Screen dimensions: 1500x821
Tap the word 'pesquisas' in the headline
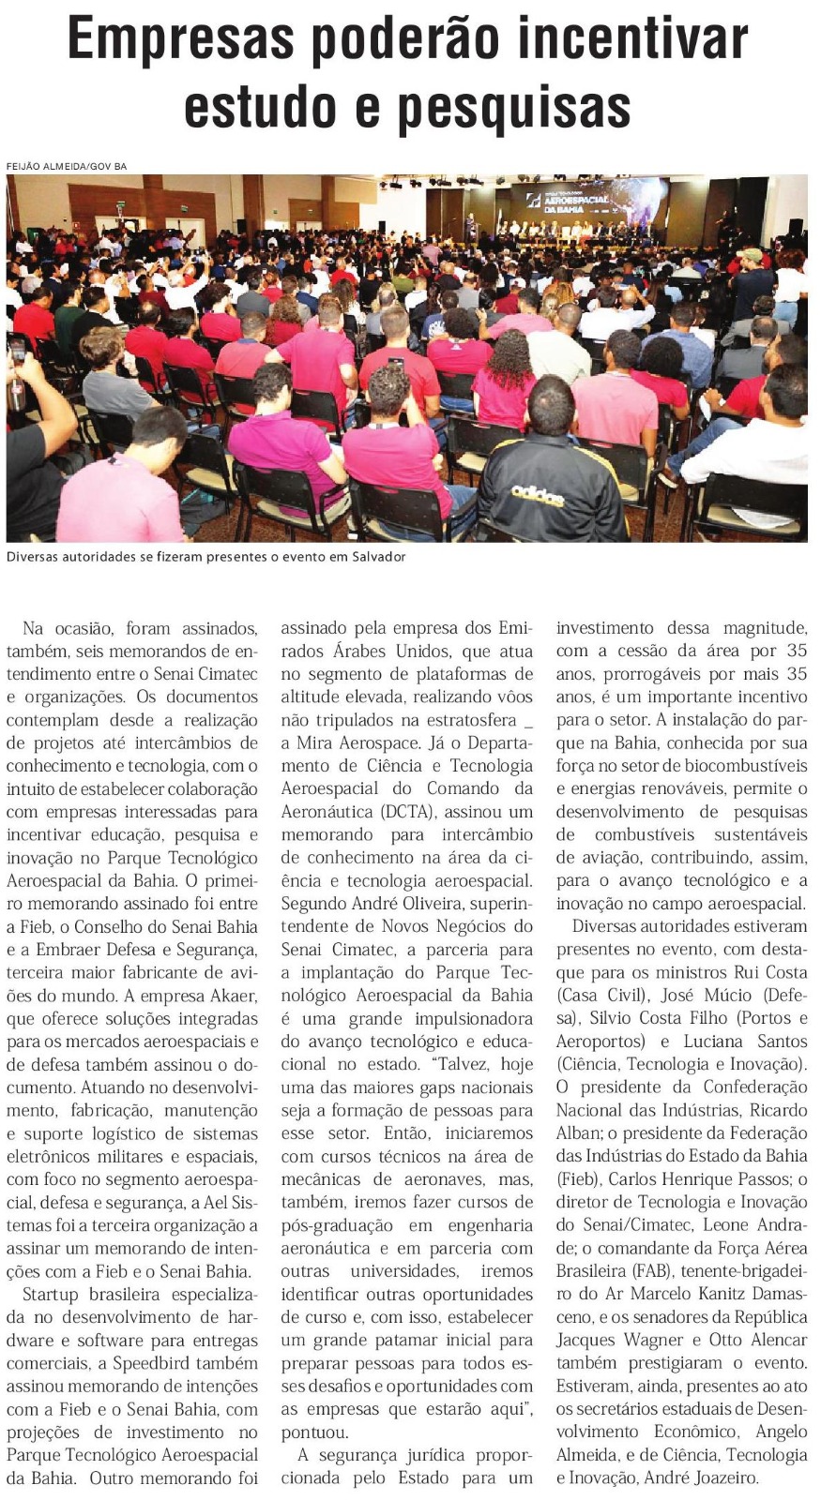pyautogui.click(x=514, y=107)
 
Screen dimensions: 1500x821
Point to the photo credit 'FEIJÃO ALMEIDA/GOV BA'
pyautogui.click(x=67, y=167)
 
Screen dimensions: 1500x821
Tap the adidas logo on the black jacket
pyautogui.click(x=538, y=494)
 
